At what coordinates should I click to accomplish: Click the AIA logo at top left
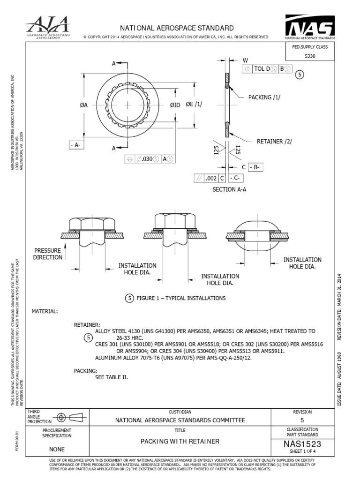point(48,27)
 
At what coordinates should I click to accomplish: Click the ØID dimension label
point(175,105)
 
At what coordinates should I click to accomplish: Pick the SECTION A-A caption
point(229,189)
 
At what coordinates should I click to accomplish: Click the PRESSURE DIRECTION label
point(47,254)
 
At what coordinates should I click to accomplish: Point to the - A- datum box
point(75,145)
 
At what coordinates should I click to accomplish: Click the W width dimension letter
point(245,60)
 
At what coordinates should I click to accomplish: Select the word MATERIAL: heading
point(45,311)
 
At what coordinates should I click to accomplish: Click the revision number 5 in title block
point(302,420)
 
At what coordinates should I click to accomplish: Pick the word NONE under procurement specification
point(57,449)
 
